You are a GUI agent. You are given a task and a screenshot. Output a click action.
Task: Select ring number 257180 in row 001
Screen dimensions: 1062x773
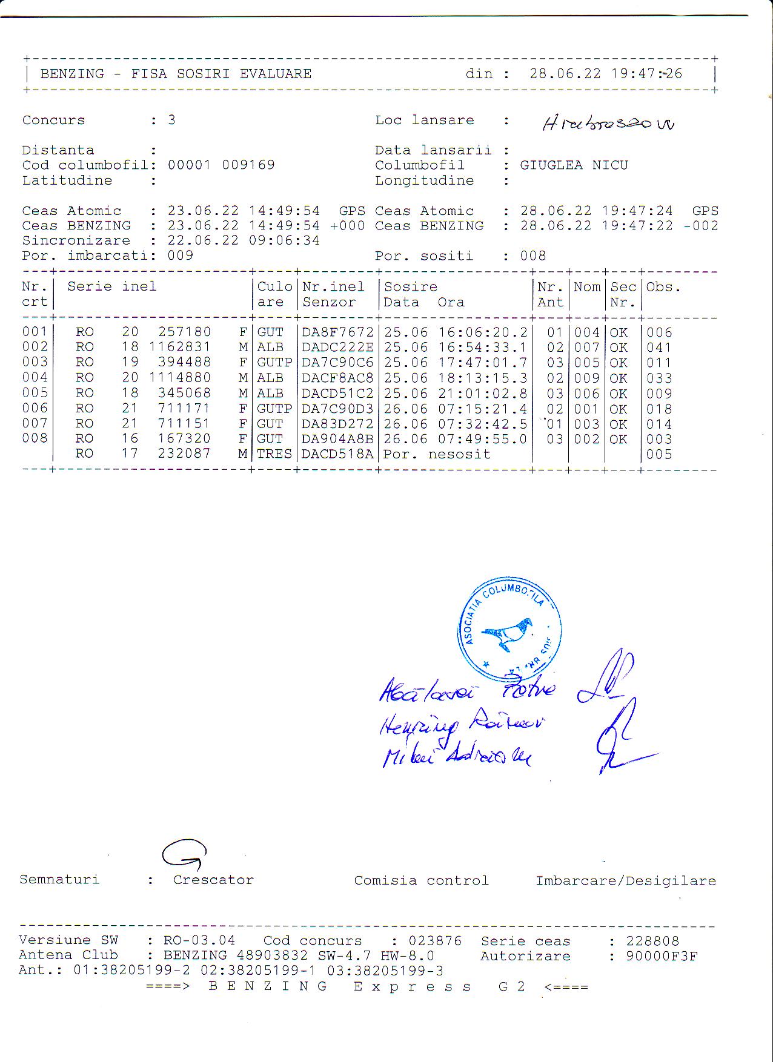pos(184,332)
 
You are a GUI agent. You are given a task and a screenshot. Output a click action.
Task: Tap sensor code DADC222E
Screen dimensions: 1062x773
pos(337,348)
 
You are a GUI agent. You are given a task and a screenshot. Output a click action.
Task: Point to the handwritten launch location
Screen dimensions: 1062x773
pos(608,124)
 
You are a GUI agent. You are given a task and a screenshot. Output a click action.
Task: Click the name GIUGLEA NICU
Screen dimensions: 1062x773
pos(574,165)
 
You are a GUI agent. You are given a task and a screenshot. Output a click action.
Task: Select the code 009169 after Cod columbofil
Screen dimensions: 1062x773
pos(248,165)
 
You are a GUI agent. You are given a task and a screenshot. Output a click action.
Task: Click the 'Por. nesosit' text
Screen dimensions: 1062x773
pos(437,454)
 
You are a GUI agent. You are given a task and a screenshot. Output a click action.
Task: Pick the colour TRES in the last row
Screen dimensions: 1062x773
pos(274,454)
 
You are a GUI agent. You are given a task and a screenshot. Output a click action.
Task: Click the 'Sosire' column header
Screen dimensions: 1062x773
pos(410,286)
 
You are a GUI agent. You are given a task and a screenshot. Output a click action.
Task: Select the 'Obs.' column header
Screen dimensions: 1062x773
pos(663,286)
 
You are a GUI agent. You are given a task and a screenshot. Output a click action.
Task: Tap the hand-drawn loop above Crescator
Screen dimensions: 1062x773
pos(184,854)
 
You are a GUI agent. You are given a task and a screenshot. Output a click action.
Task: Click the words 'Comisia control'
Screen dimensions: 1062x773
pos(421,880)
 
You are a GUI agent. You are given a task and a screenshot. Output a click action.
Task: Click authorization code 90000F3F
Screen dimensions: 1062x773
pos(662,957)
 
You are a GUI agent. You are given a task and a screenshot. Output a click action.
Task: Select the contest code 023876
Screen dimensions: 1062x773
pos(434,941)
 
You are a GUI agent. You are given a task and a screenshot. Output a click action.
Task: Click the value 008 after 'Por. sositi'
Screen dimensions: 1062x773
pos(532,256)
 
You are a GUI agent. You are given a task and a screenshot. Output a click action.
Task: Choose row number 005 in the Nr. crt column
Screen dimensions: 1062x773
pos(35,393)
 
